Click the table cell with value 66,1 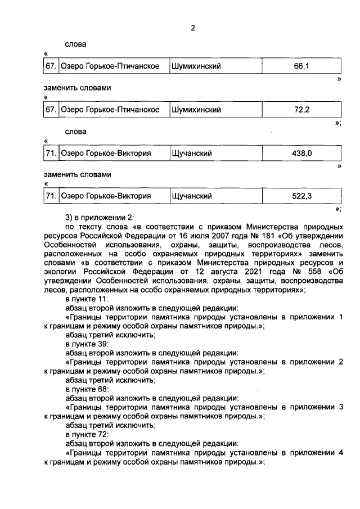(301, 66)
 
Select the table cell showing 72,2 (301, 109)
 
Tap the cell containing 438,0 (301, 153)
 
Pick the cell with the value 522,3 (301, 196)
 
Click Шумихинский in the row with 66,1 (195, 66)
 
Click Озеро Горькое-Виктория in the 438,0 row (106, 153)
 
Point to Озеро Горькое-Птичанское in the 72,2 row (110, 109)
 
